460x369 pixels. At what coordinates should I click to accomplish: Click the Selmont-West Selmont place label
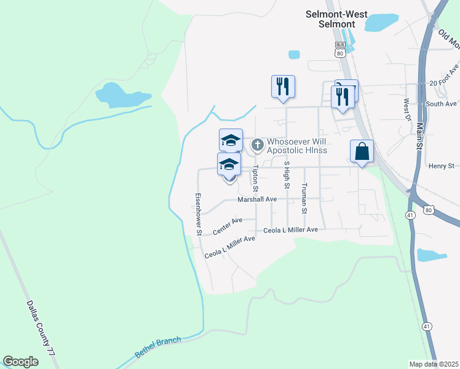(331, 18)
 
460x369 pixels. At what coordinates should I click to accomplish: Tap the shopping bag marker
(362, 151)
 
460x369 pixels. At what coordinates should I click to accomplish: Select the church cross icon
(258, 145)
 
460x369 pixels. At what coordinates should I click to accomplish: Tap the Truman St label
(304, 198)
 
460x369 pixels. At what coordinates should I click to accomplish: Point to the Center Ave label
(225, 227)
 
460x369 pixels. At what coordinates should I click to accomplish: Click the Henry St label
(441, 166)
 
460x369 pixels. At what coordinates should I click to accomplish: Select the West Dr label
(406, 109)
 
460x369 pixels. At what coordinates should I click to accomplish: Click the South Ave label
(442, 104)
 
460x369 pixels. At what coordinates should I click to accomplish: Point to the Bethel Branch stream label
(158, 348)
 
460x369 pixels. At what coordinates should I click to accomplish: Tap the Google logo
(20, 362)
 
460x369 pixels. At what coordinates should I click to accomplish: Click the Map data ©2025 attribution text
(434, 364)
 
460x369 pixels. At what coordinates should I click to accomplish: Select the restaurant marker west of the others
(283, 86)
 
